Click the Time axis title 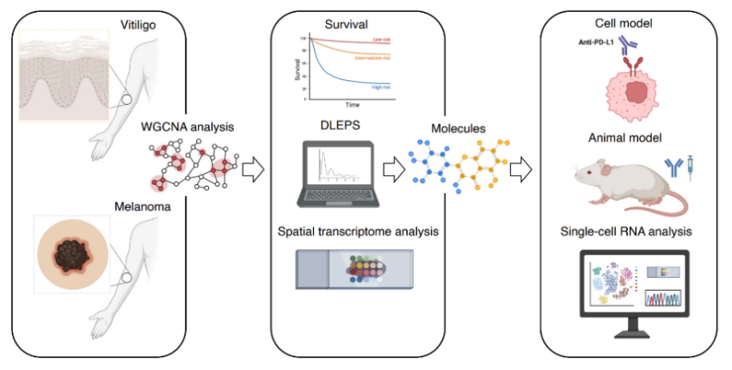click(352, 105)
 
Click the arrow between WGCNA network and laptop click(252, 169)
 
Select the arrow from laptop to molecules click(393, 169)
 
